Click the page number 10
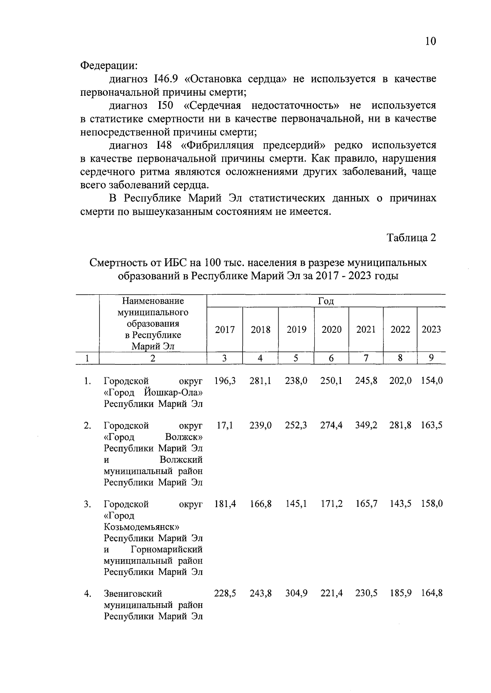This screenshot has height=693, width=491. click(x=431, y=41)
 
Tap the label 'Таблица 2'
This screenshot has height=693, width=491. click(x=412, y=238)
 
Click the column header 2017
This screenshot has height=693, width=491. click(x=225, y=330)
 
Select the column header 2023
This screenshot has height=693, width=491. click(x=431, y=330)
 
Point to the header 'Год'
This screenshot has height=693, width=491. click(x=326, y=301)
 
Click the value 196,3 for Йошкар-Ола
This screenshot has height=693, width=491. click(x=225, y=381)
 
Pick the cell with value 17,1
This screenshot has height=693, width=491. click(x=225, y=425)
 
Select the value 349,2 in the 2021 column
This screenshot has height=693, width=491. click(x=366, y=425)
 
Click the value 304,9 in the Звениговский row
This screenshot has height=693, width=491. click(x=296, y=594)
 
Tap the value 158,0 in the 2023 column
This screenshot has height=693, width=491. click(x=432, y=504)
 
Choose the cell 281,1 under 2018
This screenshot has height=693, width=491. click(x=260, y=381)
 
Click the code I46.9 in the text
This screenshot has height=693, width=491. click(x=167, y=79)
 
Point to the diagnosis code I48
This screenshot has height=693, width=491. click(x=163, y=145)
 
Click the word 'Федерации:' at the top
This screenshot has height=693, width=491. click(x=108, y=65)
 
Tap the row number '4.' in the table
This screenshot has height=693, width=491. click(x=87, y=594)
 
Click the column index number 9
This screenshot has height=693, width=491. click(x=431, y=358)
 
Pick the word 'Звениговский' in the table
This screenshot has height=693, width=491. click(x=133, y=594)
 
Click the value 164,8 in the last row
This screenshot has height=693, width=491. click(x=432, y=594)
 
